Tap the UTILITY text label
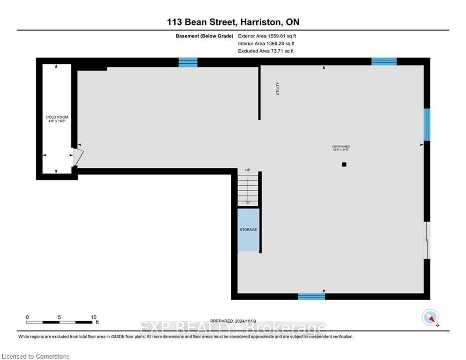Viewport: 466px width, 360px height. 278,89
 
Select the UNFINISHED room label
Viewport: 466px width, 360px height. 340,148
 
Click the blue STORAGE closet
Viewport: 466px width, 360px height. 248,229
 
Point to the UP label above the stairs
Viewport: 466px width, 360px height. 248,170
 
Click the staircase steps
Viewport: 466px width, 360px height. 248,190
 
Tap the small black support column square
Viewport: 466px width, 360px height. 344,165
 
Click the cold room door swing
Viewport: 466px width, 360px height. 78,157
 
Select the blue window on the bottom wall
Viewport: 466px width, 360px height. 311,296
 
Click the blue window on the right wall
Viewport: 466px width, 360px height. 427,125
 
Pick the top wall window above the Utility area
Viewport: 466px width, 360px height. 188,62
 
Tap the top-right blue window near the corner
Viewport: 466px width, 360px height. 384,61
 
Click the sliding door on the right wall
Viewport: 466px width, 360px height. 427,240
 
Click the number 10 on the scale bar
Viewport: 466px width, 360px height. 93,317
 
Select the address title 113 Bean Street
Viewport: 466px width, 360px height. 233,22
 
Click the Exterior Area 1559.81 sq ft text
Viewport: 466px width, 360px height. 267,36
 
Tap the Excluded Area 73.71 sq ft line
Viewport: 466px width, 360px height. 266,51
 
